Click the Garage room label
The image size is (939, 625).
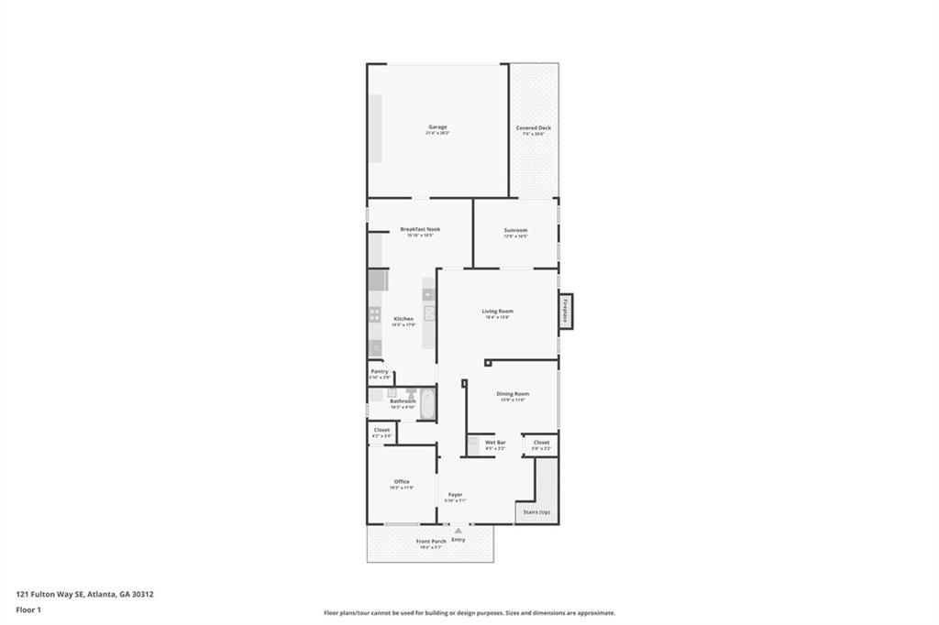click(x=437, y=127)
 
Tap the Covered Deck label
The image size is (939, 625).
click(x=533, y=128)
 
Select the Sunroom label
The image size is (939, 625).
click(x=515, y=230)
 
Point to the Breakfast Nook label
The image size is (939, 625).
click(x=420, y=229)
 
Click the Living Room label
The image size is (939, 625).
click(x=498, y=312)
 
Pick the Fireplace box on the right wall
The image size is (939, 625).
click(x=566, y=312)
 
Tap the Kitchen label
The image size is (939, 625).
click(x=403, y=319)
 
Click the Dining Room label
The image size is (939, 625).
click(x=513, y=394)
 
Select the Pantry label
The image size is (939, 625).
click(x=380, y=371)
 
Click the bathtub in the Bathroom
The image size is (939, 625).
click(x=427, y=404)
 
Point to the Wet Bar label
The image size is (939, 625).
click(x=495, y=443)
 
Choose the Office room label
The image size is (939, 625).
click(x=402, y=481)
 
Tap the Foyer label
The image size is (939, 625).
click(x=455, y=495)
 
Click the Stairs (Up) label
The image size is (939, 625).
click(x=536, y=511)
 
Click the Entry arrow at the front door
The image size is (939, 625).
click(x=458, y=531)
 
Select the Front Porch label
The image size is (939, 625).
click(x=431, y=542)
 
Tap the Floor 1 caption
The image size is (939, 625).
click(x=28, y=609)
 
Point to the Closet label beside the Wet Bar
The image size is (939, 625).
click(x=541, y=443)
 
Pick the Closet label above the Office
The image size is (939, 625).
click(x=381, y=430)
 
